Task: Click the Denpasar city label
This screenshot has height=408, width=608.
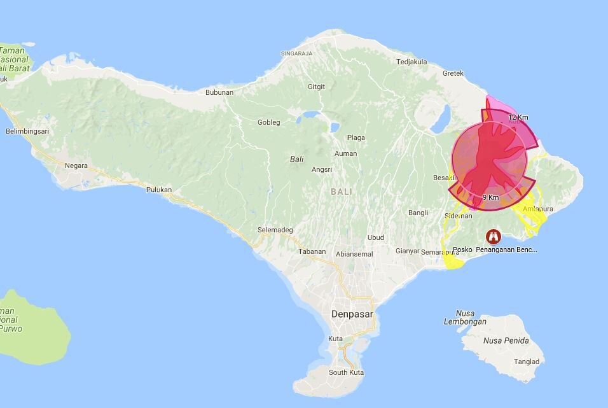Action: point(352,314)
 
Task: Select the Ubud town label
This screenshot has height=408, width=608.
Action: point(376,237)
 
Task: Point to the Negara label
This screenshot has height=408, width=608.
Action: point(76,165)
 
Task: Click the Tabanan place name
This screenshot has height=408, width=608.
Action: point(312,251)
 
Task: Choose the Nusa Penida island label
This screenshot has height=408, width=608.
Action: point(506,341)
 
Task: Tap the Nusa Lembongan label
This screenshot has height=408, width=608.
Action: point(465,318)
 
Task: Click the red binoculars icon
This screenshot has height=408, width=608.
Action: point(492,237)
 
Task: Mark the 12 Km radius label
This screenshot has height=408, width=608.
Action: point(518,117)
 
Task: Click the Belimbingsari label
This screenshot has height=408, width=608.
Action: point(27,131)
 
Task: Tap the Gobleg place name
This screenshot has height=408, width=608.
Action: point(268,122)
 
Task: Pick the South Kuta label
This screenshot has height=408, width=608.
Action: point(347,372)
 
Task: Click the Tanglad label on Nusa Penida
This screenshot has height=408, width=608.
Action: point(527,362)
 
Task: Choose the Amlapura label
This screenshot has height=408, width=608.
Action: point(537,209)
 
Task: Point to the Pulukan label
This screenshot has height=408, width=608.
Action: point(160,190)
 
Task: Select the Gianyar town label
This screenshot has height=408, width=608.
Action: point(407,251)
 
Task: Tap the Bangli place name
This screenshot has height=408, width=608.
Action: point(418,213)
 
